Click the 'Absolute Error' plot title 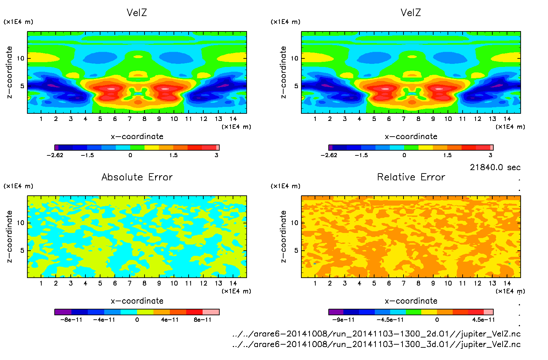(x=137, y=177)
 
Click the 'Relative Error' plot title (x=411, y=177)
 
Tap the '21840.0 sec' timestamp (x=495, y=167)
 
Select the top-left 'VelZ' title (x=137, y=13)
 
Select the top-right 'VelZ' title (x=411, y=13)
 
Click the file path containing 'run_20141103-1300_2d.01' (x=376, y=334)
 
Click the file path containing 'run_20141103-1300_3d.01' (x=376, y=344)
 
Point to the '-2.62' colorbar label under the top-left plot (x=55, y=155)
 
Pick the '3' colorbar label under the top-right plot (x=490, y=155)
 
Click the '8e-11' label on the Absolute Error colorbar (x=203, y=320)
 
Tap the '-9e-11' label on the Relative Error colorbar (x=343, y=320)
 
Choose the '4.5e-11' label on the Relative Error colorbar (x=483, y=320)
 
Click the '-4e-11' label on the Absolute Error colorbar (x=104, y=320)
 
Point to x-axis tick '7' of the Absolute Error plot (x=129, y=283)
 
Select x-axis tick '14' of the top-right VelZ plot (x=507, y=119)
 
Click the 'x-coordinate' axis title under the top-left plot (x=137, y=137)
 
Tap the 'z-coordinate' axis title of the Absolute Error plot (x=9, y=236)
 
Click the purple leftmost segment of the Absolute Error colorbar (x=63, y=312)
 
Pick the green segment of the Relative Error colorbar (x=413, y=312)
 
